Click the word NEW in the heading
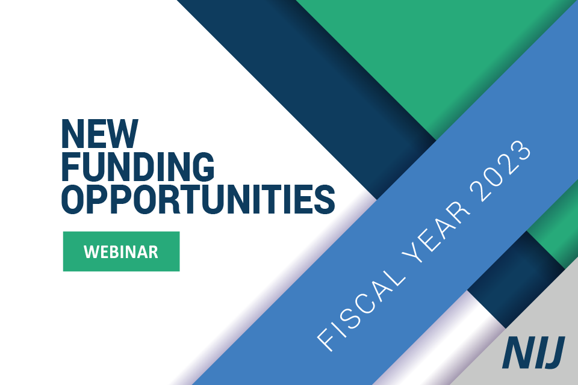coord(99,134)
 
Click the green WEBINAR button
coord(121,251)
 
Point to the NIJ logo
coord(533,353)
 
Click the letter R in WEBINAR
coord(153,251)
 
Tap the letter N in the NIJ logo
coord(515,353)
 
